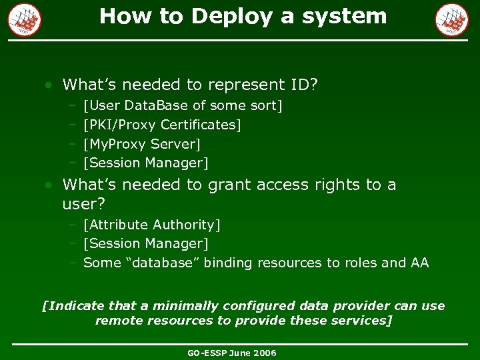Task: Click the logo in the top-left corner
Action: (x=25, y=19)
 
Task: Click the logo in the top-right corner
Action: (x=452, y=19)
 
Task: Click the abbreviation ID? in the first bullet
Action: (x=305, y=85)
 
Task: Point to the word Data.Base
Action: (x=157, y=105)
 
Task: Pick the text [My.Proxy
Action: (x=115, y=144)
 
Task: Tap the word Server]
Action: (x=176, y=144)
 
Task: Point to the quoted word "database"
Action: (x=162, y=263)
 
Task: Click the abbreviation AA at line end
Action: (x=420, y=263)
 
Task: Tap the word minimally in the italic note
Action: (x=185, y=306)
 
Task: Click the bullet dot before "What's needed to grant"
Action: (x=49, y=185)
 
